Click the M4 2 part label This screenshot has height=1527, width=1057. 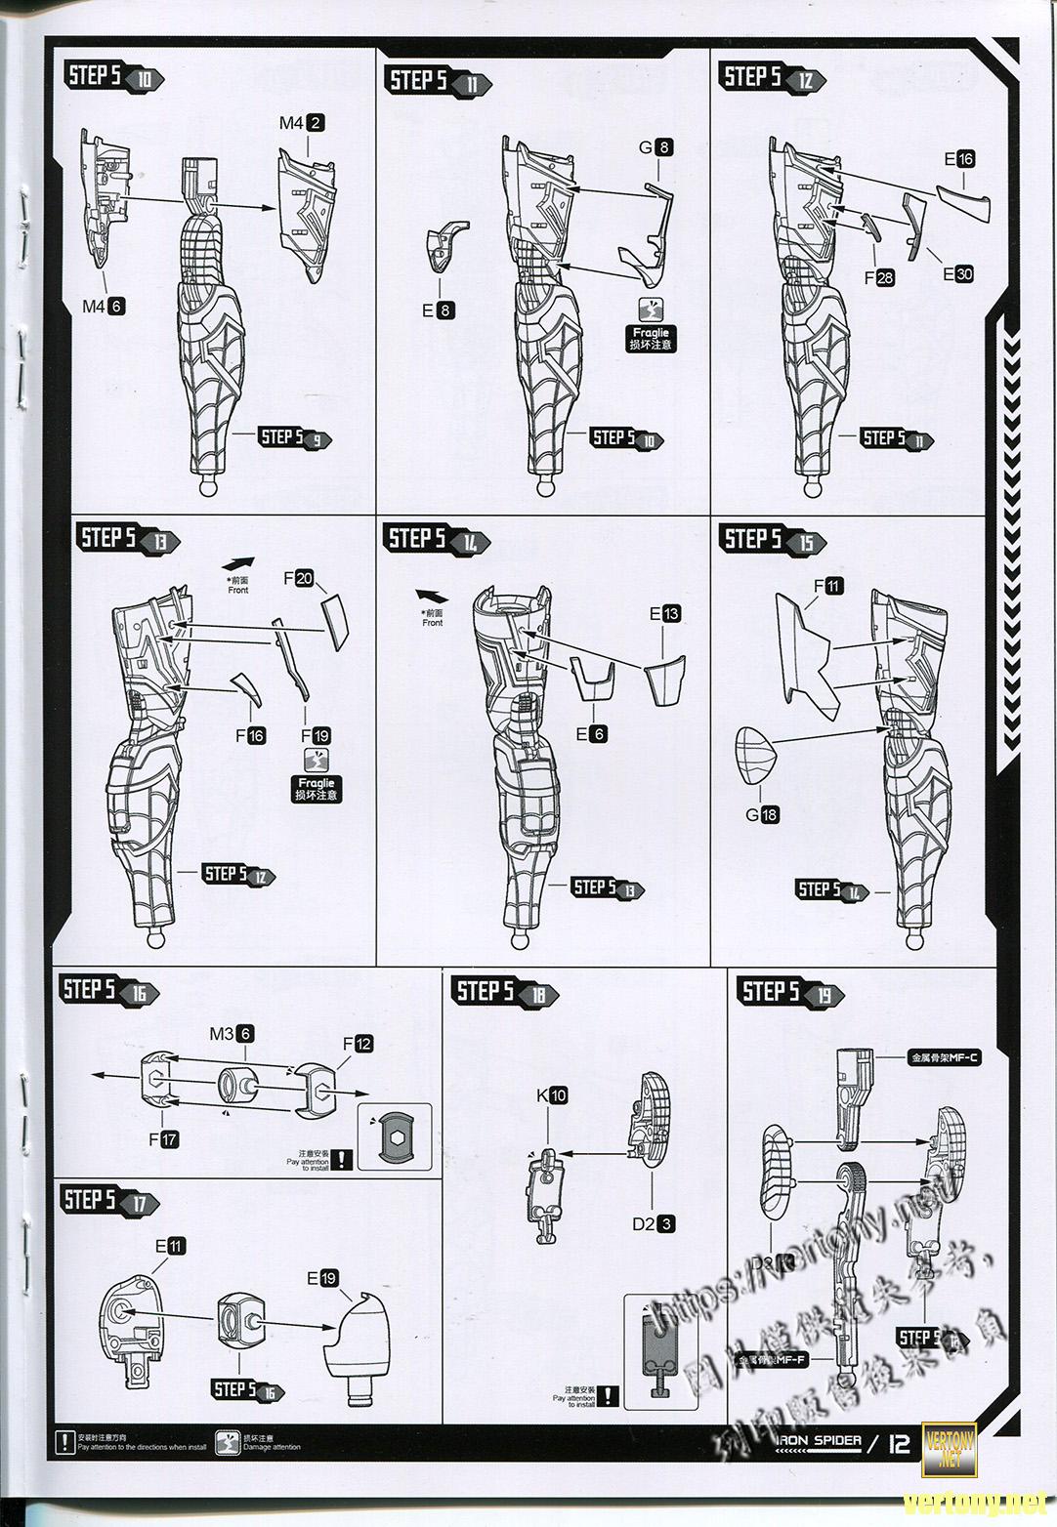coord(301,123)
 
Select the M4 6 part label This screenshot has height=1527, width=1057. coord(103,307)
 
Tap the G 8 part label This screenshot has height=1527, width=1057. coord(655,147)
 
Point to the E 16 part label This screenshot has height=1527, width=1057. coord(958,159)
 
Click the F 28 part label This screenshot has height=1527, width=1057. coord(878,278)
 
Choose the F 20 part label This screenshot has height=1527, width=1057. coord(298,578)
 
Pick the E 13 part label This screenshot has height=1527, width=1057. coord(665,614)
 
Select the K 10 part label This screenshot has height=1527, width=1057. coord(551,1095)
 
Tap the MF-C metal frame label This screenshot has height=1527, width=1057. coord(944,1056)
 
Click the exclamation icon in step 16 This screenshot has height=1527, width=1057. coord(342,1160)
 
